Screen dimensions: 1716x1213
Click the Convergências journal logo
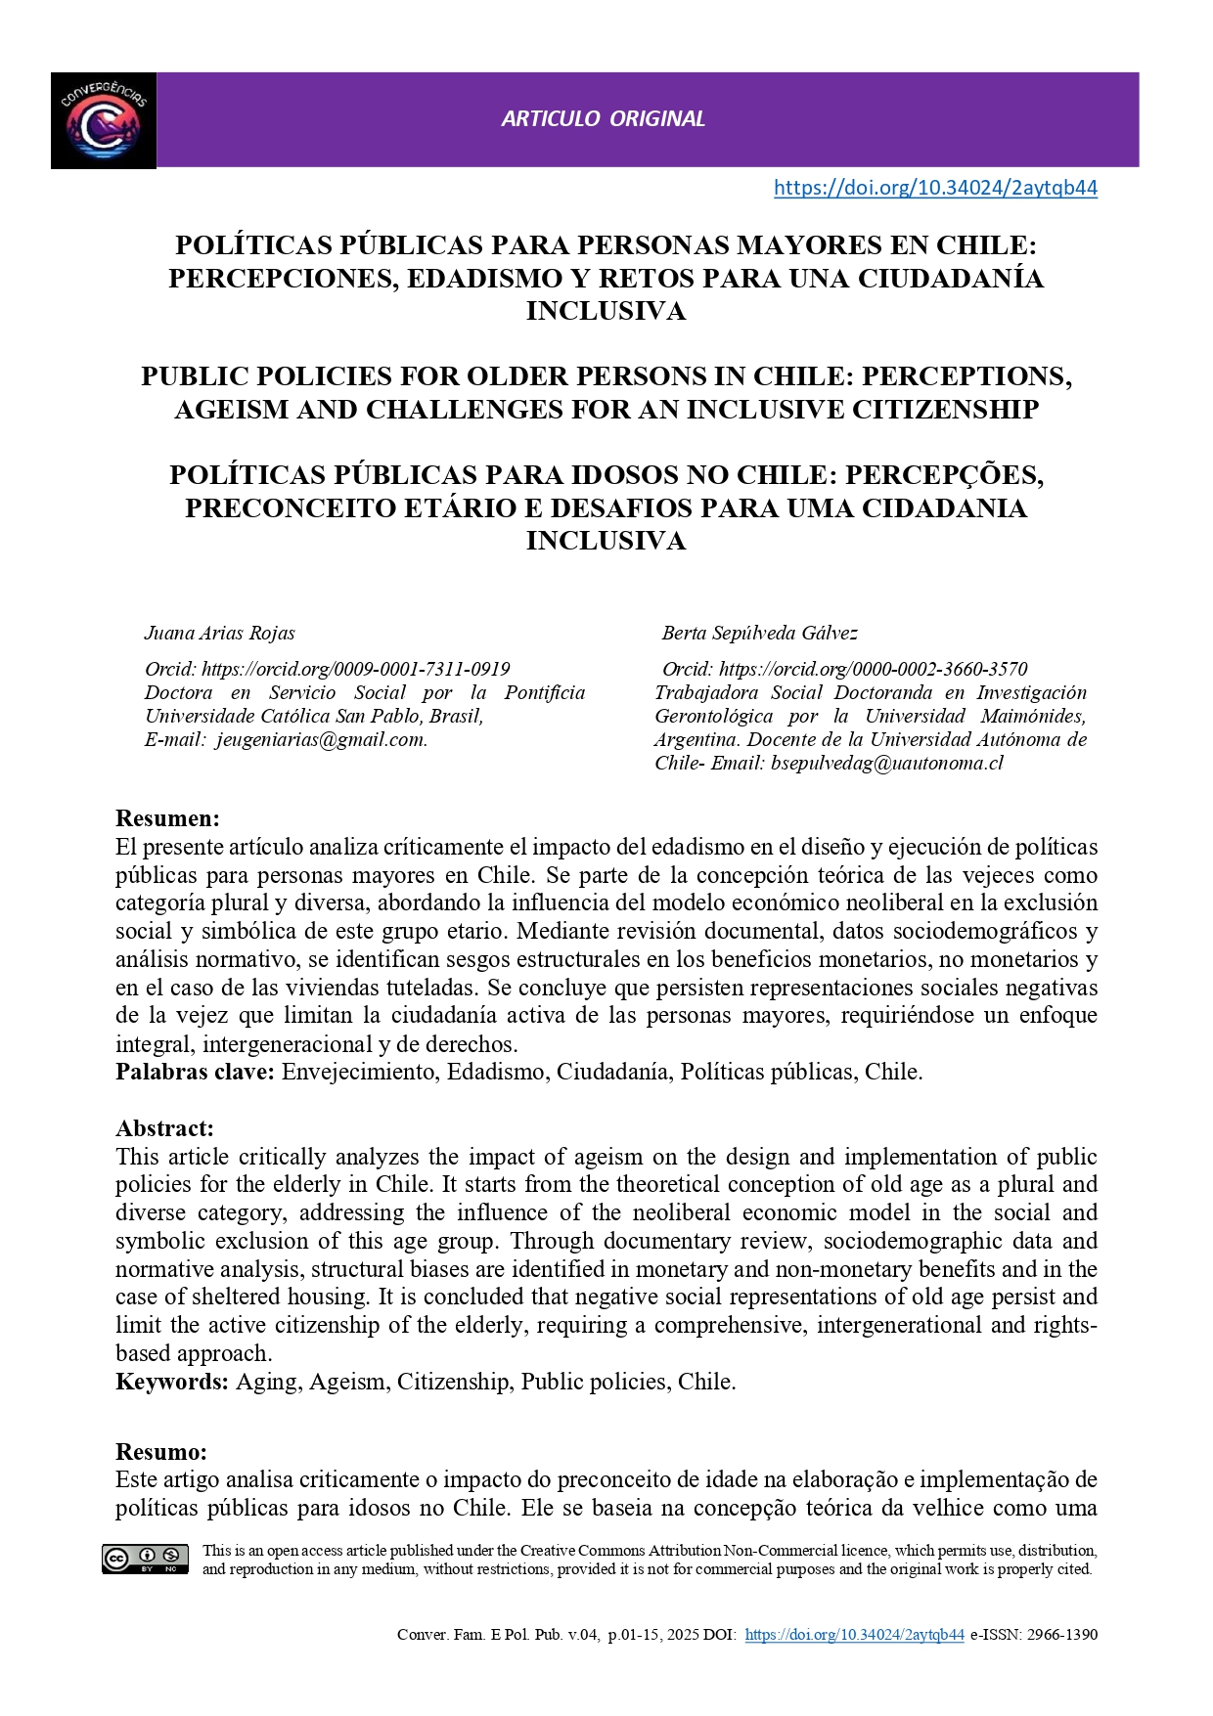[104, 121]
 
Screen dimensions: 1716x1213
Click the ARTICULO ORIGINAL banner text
[603, 119]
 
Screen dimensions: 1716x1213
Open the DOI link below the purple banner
[935, 188]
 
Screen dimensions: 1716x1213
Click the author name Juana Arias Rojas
[220, 633]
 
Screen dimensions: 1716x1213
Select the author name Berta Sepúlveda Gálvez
[760, 633]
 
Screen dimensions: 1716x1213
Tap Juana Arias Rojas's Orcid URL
[356, 669]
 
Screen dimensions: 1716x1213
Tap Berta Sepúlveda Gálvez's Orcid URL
[873, 669]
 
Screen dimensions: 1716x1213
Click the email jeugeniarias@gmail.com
[322, 739]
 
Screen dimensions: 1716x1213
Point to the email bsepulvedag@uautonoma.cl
[887, 763]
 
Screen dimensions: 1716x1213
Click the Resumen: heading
[167, 818]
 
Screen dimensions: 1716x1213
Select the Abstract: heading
[164, 1128]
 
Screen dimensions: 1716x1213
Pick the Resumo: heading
[161, 1451]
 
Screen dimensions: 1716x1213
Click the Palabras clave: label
[195, 1072]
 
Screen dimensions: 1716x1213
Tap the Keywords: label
[172, 1382]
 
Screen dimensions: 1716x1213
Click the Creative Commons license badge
[145, 1560]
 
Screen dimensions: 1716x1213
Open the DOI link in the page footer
[854, 1635]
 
